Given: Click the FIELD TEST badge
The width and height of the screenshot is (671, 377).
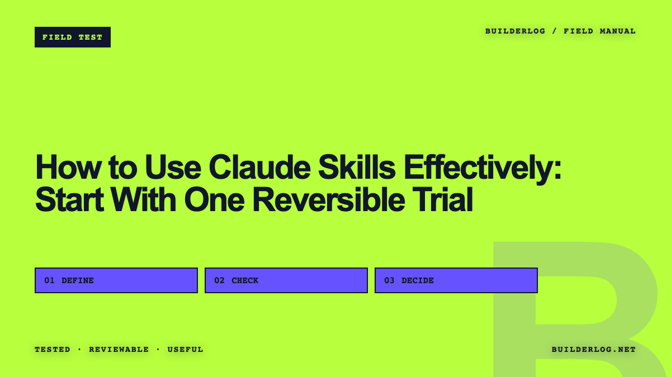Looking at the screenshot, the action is [73, 37].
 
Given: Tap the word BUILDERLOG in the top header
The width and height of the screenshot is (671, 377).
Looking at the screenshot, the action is [515, 31].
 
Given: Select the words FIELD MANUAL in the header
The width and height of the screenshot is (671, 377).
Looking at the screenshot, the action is [599, 31].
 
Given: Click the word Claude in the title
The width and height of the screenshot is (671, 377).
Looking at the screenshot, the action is [259, 167].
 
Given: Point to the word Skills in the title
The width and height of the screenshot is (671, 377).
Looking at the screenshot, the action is [357, 167].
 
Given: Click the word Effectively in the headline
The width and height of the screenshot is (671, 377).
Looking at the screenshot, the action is [482, 169].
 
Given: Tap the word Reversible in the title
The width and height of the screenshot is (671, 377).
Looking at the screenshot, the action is [329, 199].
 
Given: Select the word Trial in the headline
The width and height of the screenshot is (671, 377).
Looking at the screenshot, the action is [443, 199].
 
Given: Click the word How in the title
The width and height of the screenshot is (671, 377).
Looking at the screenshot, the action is [68, 167].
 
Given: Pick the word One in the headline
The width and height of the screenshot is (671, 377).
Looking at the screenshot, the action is [214, 199].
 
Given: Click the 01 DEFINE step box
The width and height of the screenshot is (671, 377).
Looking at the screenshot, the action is [116, 280].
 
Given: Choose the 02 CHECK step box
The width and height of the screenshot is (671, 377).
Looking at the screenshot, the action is [286, 280].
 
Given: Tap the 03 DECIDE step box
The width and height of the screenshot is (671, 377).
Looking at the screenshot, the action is [456, 280].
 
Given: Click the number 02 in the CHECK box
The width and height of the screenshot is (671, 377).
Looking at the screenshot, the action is [219, 280].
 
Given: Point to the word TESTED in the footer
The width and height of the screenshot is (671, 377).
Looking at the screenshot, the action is [53, 350].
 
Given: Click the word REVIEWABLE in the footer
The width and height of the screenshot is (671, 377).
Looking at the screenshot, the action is [119, 350].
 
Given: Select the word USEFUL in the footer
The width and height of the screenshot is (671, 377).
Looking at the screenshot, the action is [186, 350].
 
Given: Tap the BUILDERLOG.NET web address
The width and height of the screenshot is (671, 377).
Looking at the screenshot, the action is [594, 350].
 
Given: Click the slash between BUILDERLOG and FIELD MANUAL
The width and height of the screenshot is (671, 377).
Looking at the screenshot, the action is [555, 31].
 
